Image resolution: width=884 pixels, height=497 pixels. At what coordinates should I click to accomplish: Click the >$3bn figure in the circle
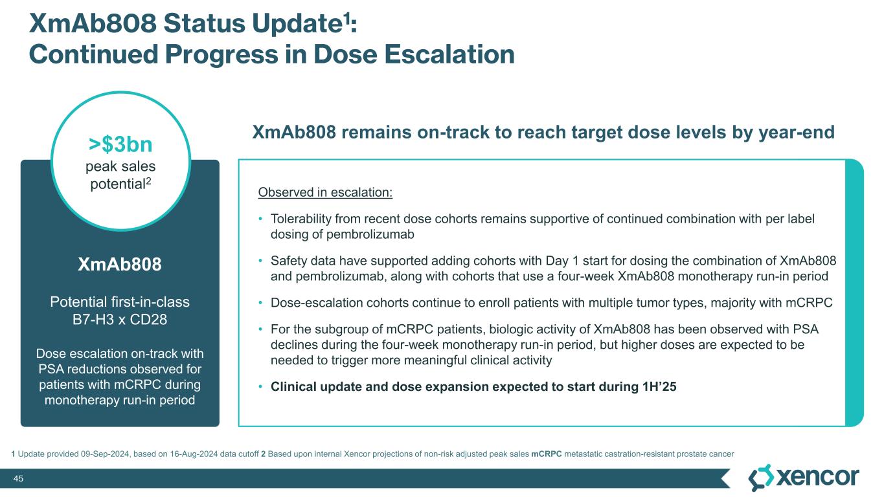(x=120, y=144)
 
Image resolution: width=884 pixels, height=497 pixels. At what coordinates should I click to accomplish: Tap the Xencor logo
(x=804, y=478)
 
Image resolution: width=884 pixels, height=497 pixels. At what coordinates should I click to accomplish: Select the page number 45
(x=18, y=478)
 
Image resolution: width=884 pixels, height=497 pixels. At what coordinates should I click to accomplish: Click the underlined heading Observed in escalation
(x=325, y=192)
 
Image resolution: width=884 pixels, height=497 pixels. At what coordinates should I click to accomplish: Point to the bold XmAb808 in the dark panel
(x=120, y=264)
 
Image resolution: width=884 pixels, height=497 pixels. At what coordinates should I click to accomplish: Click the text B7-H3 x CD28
(x=120, y=320)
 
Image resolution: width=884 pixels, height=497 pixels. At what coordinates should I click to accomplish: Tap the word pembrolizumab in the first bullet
(x=370, y=234)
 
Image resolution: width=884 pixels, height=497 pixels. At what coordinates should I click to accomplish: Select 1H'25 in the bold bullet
(x=659, y=386)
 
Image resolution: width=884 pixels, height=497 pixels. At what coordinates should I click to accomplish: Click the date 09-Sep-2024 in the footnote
(x=105, y=454)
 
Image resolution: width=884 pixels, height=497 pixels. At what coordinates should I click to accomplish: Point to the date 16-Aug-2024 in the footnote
(x=194, y=454)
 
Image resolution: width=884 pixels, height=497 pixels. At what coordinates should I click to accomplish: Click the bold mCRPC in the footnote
(x=546, y=454)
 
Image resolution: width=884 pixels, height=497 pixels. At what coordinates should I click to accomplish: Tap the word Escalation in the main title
(x=449, y=54)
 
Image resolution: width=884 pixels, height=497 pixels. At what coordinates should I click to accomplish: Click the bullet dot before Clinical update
(x=260, y=387)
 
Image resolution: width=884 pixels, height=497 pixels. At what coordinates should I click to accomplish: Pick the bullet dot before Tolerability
(x=260, y=219)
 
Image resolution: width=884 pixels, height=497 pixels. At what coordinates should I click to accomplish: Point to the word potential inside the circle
(x=118, y=184)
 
